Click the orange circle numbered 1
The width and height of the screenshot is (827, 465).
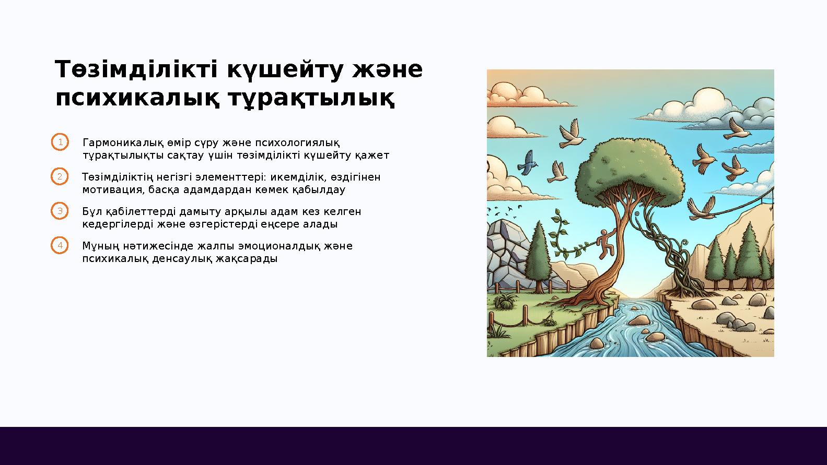coord(60,142)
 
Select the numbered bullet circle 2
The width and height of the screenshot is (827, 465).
coord(60,177)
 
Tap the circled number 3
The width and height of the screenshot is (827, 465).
coord(60,211)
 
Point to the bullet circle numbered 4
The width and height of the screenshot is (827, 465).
coord(60,245)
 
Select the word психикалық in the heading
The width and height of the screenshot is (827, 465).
coord(138,98)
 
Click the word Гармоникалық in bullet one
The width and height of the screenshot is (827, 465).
coord(123,143)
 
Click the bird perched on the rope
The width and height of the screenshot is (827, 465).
coord(701,209)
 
